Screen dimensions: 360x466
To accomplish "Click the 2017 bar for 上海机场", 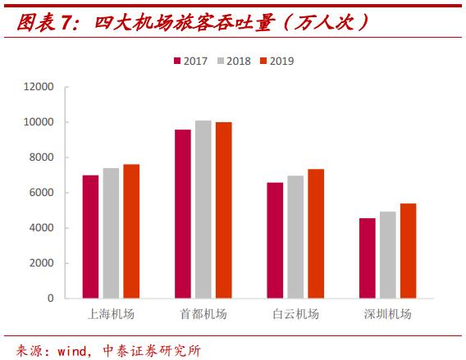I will click(90, 236).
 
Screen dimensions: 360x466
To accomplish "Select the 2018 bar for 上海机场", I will click(111, 233).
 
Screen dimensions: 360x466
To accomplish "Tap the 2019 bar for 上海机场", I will click(131, 231).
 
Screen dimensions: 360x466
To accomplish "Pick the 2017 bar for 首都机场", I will click(182, 213).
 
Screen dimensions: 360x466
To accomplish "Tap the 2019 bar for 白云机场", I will click(316, 234).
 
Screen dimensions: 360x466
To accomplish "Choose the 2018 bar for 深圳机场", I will click(387, 255).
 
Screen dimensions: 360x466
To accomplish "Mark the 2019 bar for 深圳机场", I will click(408, 251).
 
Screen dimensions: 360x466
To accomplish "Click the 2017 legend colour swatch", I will click(176, 61).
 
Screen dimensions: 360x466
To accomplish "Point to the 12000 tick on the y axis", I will click(39, 87).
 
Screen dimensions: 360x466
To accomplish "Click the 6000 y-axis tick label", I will click(42, 193).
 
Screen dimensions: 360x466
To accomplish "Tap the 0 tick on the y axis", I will click(50, 298).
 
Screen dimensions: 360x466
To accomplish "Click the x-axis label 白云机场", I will click(295, 315).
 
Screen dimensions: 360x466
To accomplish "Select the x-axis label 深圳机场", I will click(387, 315).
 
